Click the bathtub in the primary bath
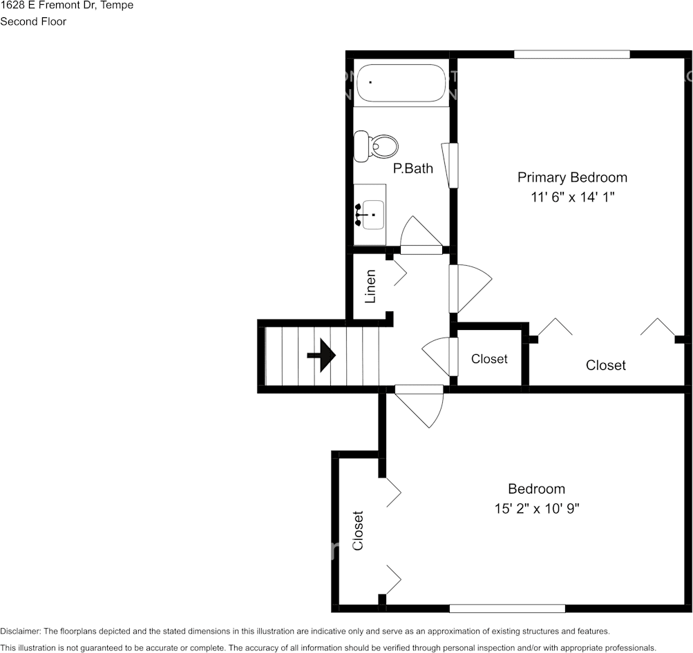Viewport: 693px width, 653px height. (401, 84)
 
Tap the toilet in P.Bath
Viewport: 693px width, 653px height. (377, 146)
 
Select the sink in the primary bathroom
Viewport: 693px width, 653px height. (370, 214)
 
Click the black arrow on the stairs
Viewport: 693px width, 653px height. (321, 355)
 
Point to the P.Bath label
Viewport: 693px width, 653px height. (413, 168)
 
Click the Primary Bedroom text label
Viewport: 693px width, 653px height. (572, 177)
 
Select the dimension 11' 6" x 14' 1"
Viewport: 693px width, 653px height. (572, 197)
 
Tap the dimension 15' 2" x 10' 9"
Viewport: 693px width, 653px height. (536, 509)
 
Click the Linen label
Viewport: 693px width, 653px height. (371, 286)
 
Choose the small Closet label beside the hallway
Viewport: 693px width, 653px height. (489, 359)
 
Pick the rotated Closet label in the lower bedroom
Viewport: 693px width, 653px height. (358, 530)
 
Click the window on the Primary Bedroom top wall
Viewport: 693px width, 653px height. (571, 55)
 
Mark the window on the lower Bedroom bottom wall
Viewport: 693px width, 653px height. (507, 608)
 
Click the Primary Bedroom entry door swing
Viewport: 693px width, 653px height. (470, 288)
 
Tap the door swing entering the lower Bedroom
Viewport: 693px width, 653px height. (420, 406)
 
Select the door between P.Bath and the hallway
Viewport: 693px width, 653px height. (420, 236)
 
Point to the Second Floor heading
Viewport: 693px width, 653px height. (33, 21)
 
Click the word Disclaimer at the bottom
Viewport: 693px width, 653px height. (20, 631)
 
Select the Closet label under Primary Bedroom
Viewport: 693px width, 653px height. (605, 365)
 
